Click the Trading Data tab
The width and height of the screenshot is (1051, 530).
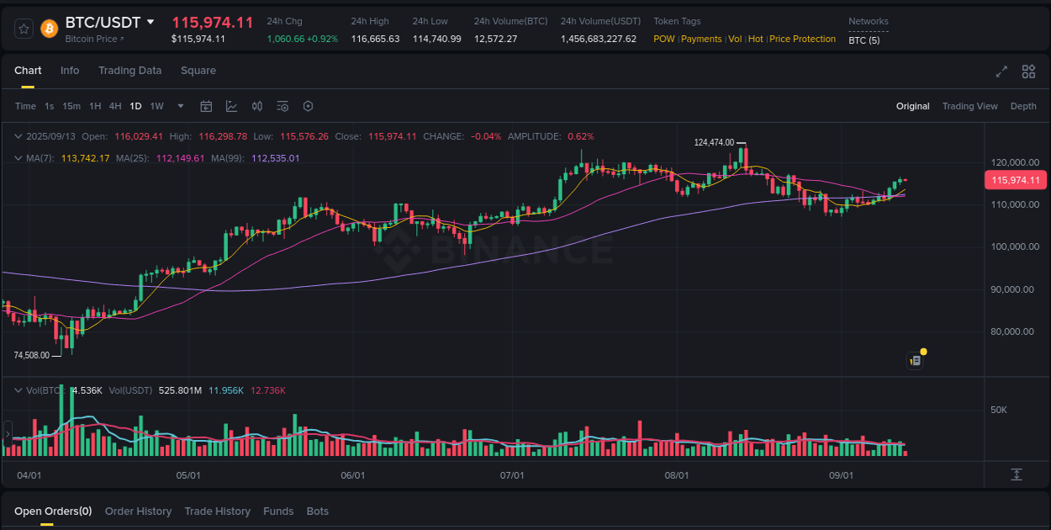(x=129, y=71)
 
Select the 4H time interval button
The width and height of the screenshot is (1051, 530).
(x=115, y=106)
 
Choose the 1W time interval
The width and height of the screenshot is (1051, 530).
(x=156, y=106)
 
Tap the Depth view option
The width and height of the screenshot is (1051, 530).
(x=1022, y=106)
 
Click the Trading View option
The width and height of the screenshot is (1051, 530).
(x=969, y=106)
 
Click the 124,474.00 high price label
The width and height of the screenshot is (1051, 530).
(x=714, y=143)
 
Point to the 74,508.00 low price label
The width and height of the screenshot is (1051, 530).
(x=31, y=355)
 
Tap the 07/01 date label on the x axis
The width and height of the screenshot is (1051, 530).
(x=512, y=475)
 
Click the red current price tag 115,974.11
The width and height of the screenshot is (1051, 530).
(x=1015, y=180)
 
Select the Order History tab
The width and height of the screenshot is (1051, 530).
(x=138, y=511)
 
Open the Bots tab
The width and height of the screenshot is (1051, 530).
(x=317, y=511)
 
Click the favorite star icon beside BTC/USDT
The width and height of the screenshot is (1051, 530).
(x=24, y=29)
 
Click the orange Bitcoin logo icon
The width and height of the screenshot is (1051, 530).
(x=49, y=29)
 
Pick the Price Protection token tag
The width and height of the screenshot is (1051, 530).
(x=802, y=39)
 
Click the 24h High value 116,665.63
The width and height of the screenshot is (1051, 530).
(x=375, y=39)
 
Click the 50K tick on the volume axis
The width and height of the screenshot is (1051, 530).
(x=999, y=410)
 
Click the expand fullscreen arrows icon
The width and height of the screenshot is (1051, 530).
(x=1001, y=72)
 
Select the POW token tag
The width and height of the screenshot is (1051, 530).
(x=663, y=39)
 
